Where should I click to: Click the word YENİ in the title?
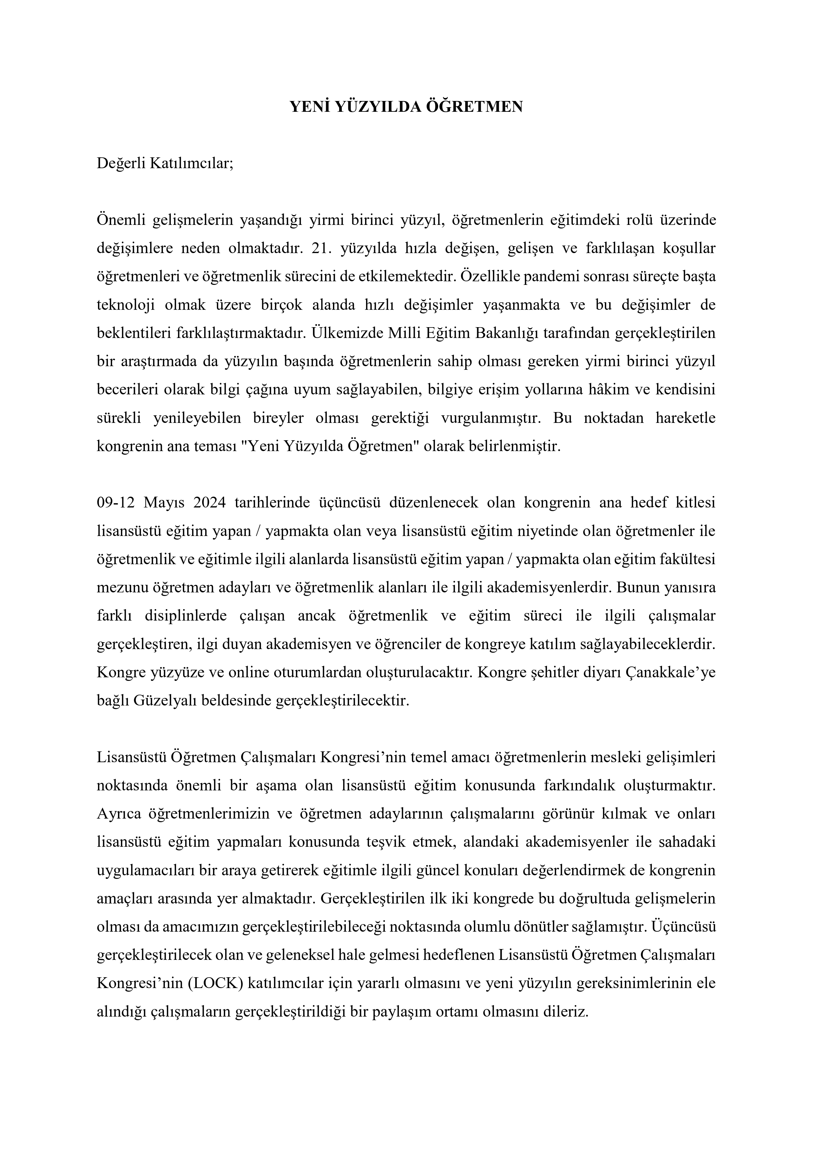(x=310, y=107)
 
